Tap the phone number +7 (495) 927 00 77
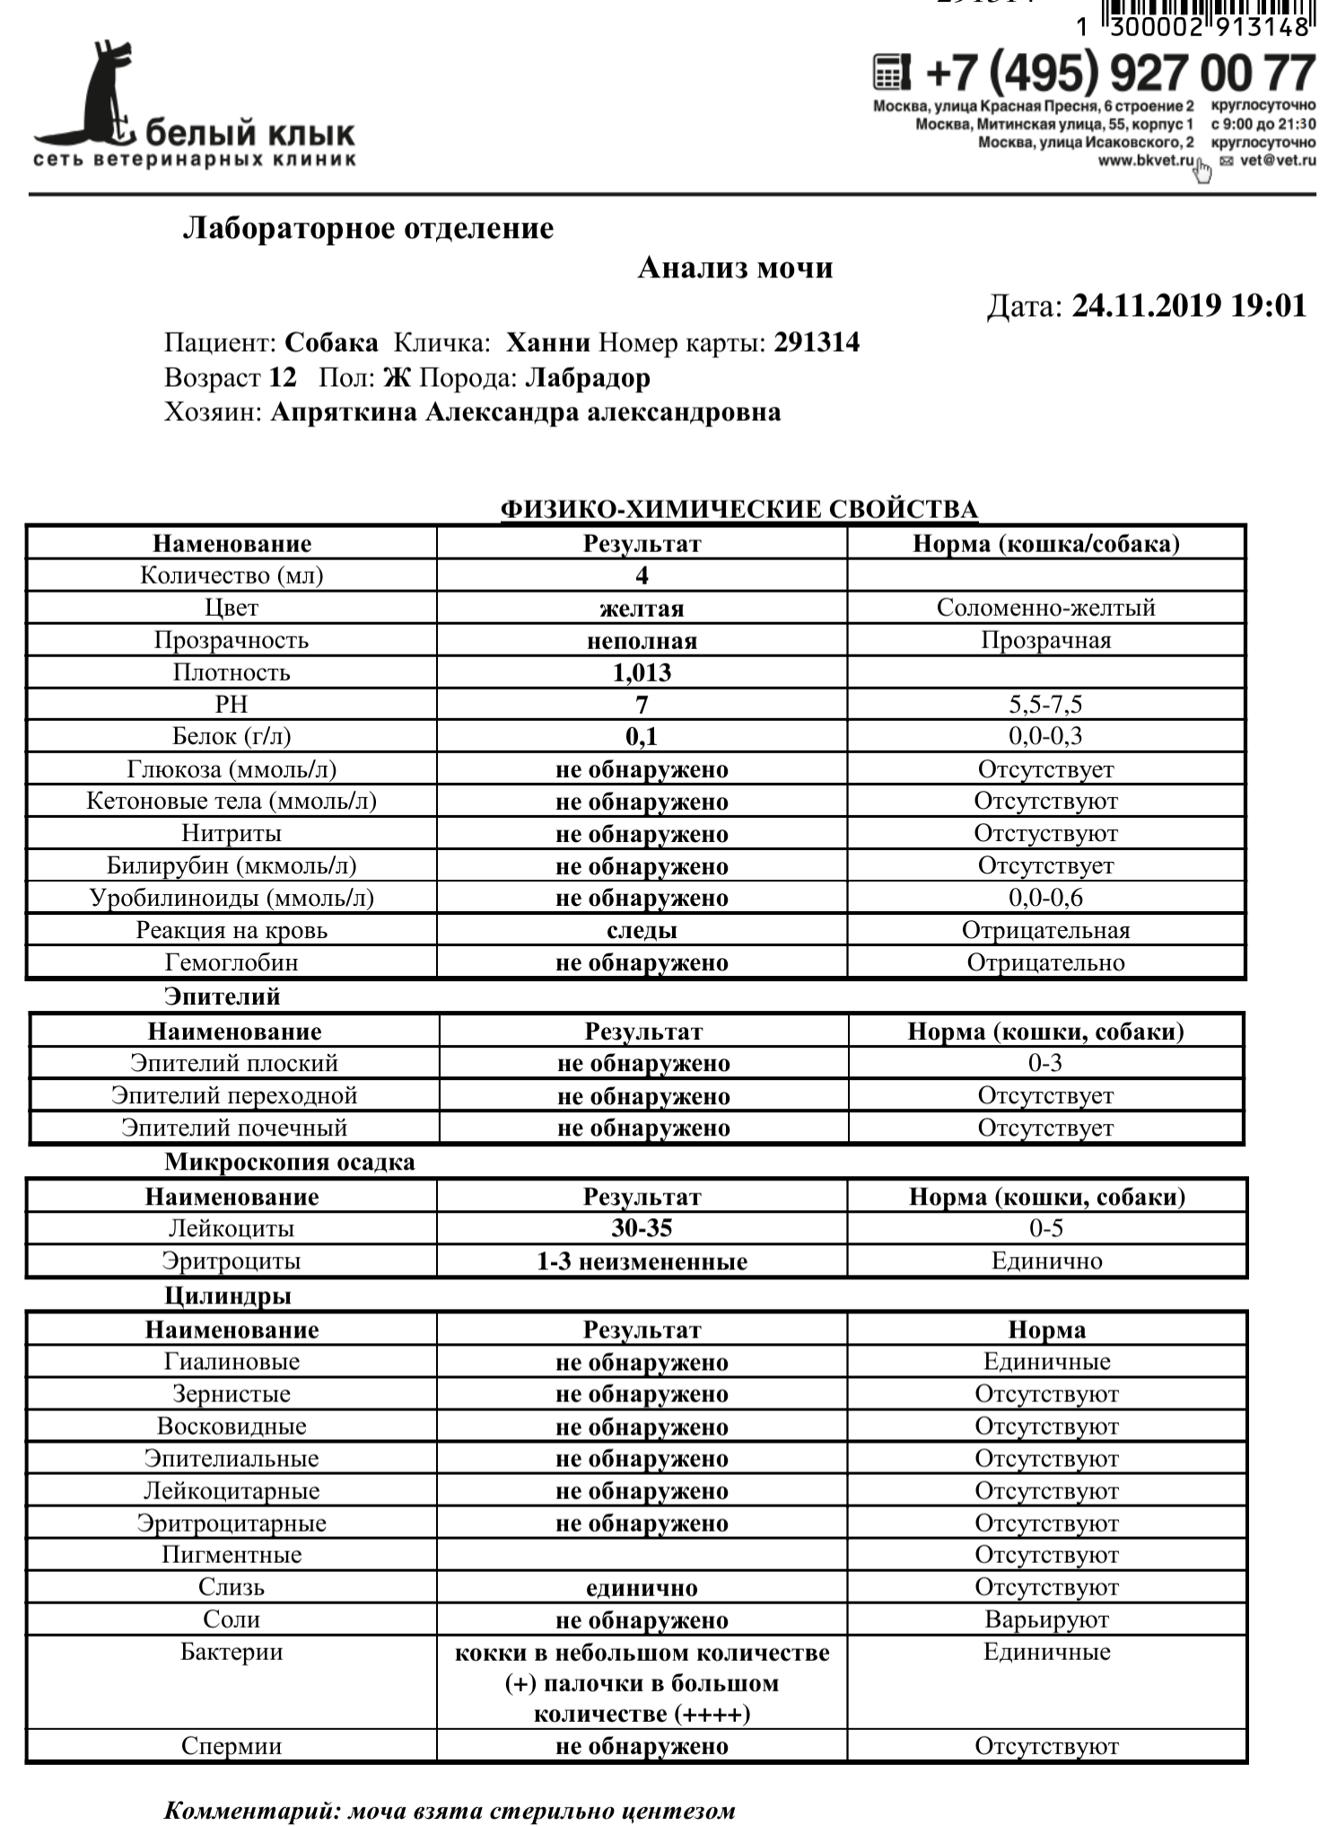[x=1118, y=73]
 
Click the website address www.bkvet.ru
[x=1146, y=161]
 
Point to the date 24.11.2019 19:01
[x=1189, y=306]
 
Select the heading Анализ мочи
[x=735, y=268]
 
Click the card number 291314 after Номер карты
[x=817, y=343]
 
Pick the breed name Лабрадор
[x=588, y=378]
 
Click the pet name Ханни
[x=548, y=343]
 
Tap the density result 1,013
[x=642, y=672]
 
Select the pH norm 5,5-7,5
[x=1045, y=705]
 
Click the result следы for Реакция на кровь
[x=642, y=931]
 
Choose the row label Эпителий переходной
[x=234, y=1096]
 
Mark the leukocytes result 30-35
[x=642, y=1229]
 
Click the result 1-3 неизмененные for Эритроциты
[x=642, y=1261]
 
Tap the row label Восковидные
[x=232, y=1427]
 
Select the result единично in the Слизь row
[x=642, y=1588]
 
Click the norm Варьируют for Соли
[x=1046, y=1620]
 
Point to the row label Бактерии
[x=232, y=1653]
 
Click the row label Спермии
[x=232, y=1746]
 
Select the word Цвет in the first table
[x=232, y=608]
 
